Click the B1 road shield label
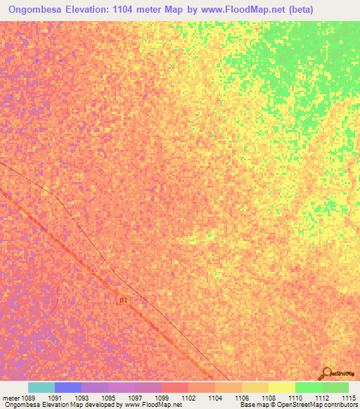tap(124, 300)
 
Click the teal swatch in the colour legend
tap(41, 387)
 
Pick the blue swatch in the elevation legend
tap(68, 387)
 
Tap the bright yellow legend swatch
tap(282, 387)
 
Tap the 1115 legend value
tap(349, 398)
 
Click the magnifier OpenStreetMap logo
tap(326, 374)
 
